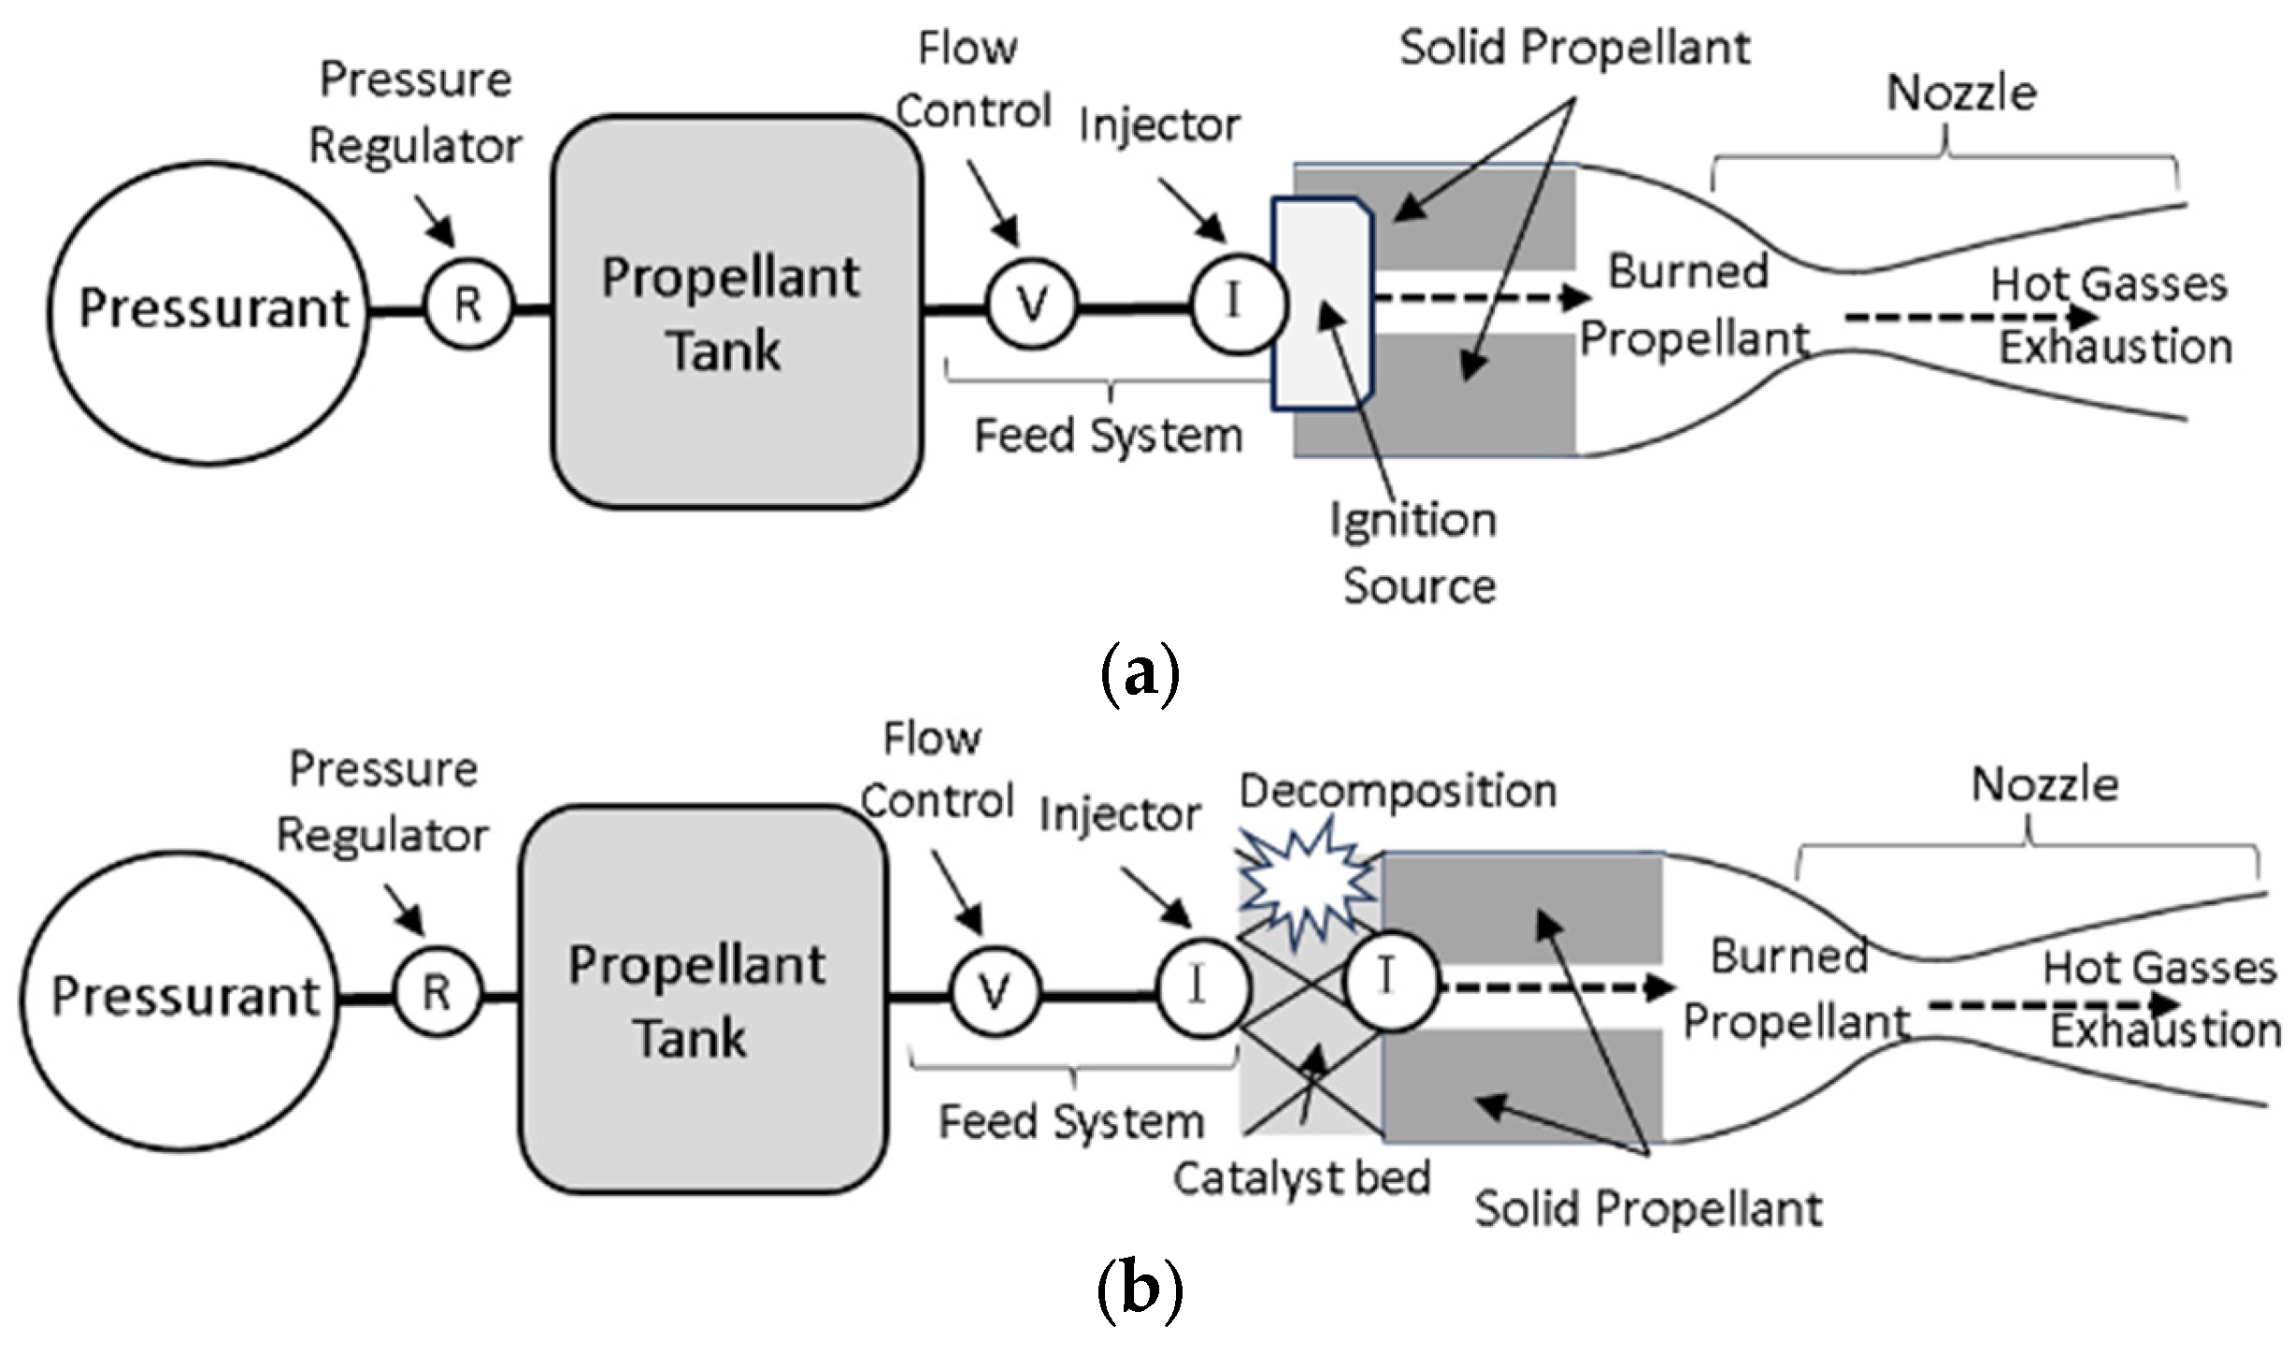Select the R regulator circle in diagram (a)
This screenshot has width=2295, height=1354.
pyautogui.click(x=468, y=305)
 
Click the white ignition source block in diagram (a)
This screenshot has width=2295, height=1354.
pyautogui.click(x=1321, y=304)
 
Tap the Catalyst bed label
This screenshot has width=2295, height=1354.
pyautogui.click(x=1301, y=1178)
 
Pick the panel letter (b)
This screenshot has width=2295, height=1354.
pyautogui.click(x=1140, y=1290)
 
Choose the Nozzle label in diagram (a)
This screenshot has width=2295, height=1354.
pyautogui.click(x=1960, y=94)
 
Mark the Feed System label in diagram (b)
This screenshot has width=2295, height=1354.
pyautogui.click(x=1071, y=1122)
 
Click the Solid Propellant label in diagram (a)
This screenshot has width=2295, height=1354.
pyautogui.click(x=1574, y=47)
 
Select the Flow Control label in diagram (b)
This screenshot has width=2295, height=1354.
pyautogui.click(x=937, y=771)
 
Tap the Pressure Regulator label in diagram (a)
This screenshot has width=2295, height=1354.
pyautogui.click(x=415, y=112)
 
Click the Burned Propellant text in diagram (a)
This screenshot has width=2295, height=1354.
pyautogui.click(x=1692, y=305)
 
